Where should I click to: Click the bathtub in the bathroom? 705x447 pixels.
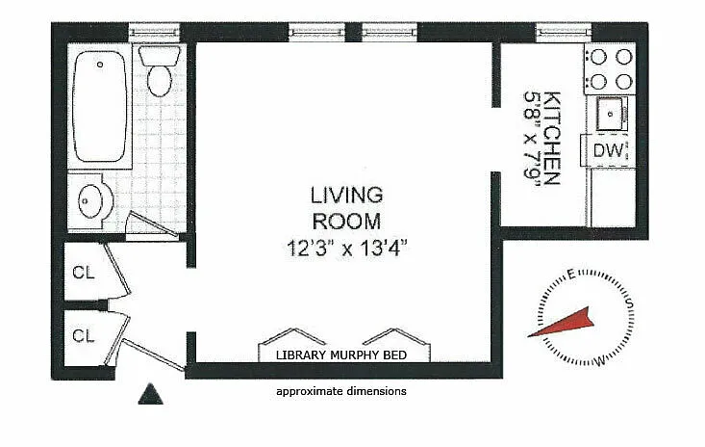click(x=99, y=106)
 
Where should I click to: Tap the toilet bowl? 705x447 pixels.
click(x=160, y=81)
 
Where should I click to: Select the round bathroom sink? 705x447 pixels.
click(x=89, y=201)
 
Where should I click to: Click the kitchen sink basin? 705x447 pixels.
click(x=610, y=114)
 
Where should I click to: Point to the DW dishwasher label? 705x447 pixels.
click(x=608, y=150)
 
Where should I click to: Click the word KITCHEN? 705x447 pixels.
click(x=551, y=138)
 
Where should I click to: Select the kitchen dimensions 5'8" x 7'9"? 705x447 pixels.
click(x=531, y=134)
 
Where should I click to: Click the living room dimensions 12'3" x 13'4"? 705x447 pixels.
click(x=346, y=248)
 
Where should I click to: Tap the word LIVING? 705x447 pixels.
click(x=346, y=195)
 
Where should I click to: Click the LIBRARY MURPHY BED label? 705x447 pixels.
click(x=341, y=355)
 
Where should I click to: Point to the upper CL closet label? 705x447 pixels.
click(x=84, y=273)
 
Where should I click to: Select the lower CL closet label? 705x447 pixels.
click(x=84, y=335)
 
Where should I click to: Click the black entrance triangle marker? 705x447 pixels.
click(x=151, y=394)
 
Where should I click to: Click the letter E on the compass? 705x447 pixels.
click(x=571, y=275)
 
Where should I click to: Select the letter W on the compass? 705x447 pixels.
click(x=600, y=361)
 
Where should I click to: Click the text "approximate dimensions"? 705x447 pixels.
click(x=341, y=392)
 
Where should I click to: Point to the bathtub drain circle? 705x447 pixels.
click(x=100, y=65)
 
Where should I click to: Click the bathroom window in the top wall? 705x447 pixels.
click(x=154, y=32)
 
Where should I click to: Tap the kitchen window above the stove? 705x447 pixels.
click(x=564, y=32)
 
